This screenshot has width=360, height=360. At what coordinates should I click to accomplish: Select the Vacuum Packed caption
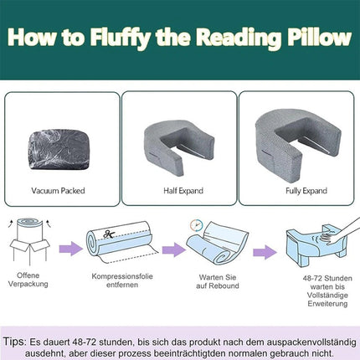58,191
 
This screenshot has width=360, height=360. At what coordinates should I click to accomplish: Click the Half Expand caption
183,191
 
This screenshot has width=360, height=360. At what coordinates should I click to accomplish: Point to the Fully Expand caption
306,191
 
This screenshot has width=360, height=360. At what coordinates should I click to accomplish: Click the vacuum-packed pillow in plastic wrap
59,149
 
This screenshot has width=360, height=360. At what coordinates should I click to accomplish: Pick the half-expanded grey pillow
178,147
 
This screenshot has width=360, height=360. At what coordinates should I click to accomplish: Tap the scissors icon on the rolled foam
109,234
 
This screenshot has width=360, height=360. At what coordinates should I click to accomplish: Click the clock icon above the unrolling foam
197,225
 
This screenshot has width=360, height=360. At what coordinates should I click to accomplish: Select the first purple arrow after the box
71,248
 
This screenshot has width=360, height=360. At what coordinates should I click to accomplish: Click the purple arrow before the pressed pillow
265,252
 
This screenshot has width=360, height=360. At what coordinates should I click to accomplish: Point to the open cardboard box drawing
29,241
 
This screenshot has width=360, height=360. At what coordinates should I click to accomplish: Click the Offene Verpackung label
28,280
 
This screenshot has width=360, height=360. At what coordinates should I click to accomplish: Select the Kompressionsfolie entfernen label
122,280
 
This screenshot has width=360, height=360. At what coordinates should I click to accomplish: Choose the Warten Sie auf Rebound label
218,281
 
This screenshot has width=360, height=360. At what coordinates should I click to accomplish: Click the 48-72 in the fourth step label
312,278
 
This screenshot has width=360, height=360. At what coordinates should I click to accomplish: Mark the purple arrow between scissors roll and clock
174,249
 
